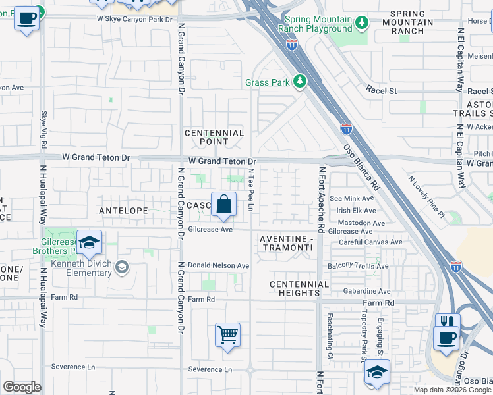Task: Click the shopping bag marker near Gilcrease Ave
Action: point(224,205)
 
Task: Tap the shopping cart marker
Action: point(227,335)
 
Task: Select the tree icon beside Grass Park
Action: point(301,82)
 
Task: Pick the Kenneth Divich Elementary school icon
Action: point(121,267)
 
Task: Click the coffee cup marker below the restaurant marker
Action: point(446,338)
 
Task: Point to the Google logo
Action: point(22,387)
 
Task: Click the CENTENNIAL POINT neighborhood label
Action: point(214,137)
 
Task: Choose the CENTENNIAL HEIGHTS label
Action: point(299,288)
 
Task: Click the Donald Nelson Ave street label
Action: point(218,265)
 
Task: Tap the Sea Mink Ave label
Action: point(352,198)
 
